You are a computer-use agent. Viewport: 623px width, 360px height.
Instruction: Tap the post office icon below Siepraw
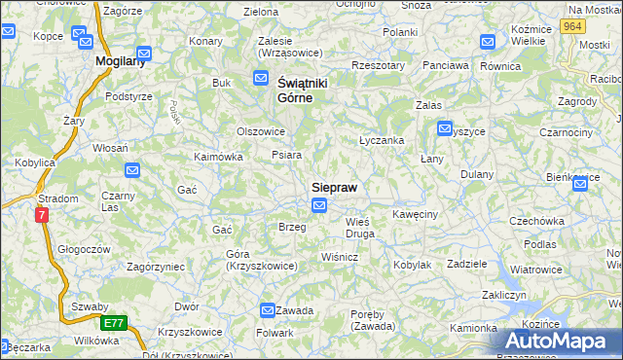(319, 204)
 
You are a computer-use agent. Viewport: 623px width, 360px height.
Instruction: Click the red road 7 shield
(42, 215)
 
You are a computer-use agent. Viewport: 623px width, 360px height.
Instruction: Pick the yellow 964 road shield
(573, 27)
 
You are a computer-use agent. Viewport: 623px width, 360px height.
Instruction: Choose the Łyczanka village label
(382, 140)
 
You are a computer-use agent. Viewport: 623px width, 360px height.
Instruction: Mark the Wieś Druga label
(359, 228)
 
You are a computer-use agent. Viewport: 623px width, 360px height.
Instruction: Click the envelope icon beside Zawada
(268, 309)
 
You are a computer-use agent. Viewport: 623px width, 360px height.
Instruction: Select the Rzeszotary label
(379, 66)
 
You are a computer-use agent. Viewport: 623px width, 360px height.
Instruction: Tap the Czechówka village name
(537, 221)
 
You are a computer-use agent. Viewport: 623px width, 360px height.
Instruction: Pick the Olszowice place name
(261, 130)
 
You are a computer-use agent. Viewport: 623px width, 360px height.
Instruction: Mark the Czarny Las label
(117, 201)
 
